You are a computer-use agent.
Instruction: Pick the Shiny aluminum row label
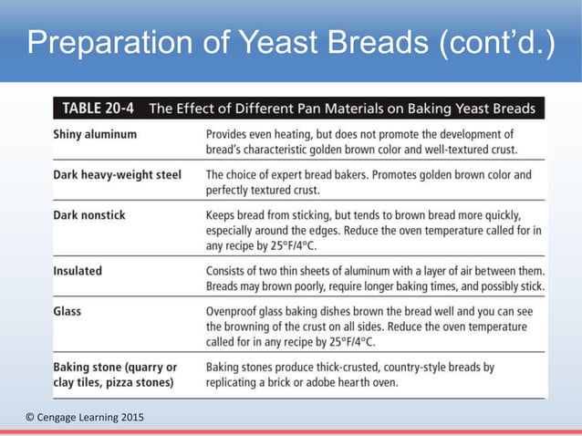tap(95, 133)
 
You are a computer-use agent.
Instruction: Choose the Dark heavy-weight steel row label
tap(116, 173)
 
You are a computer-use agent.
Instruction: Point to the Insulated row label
tap(78, 271)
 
